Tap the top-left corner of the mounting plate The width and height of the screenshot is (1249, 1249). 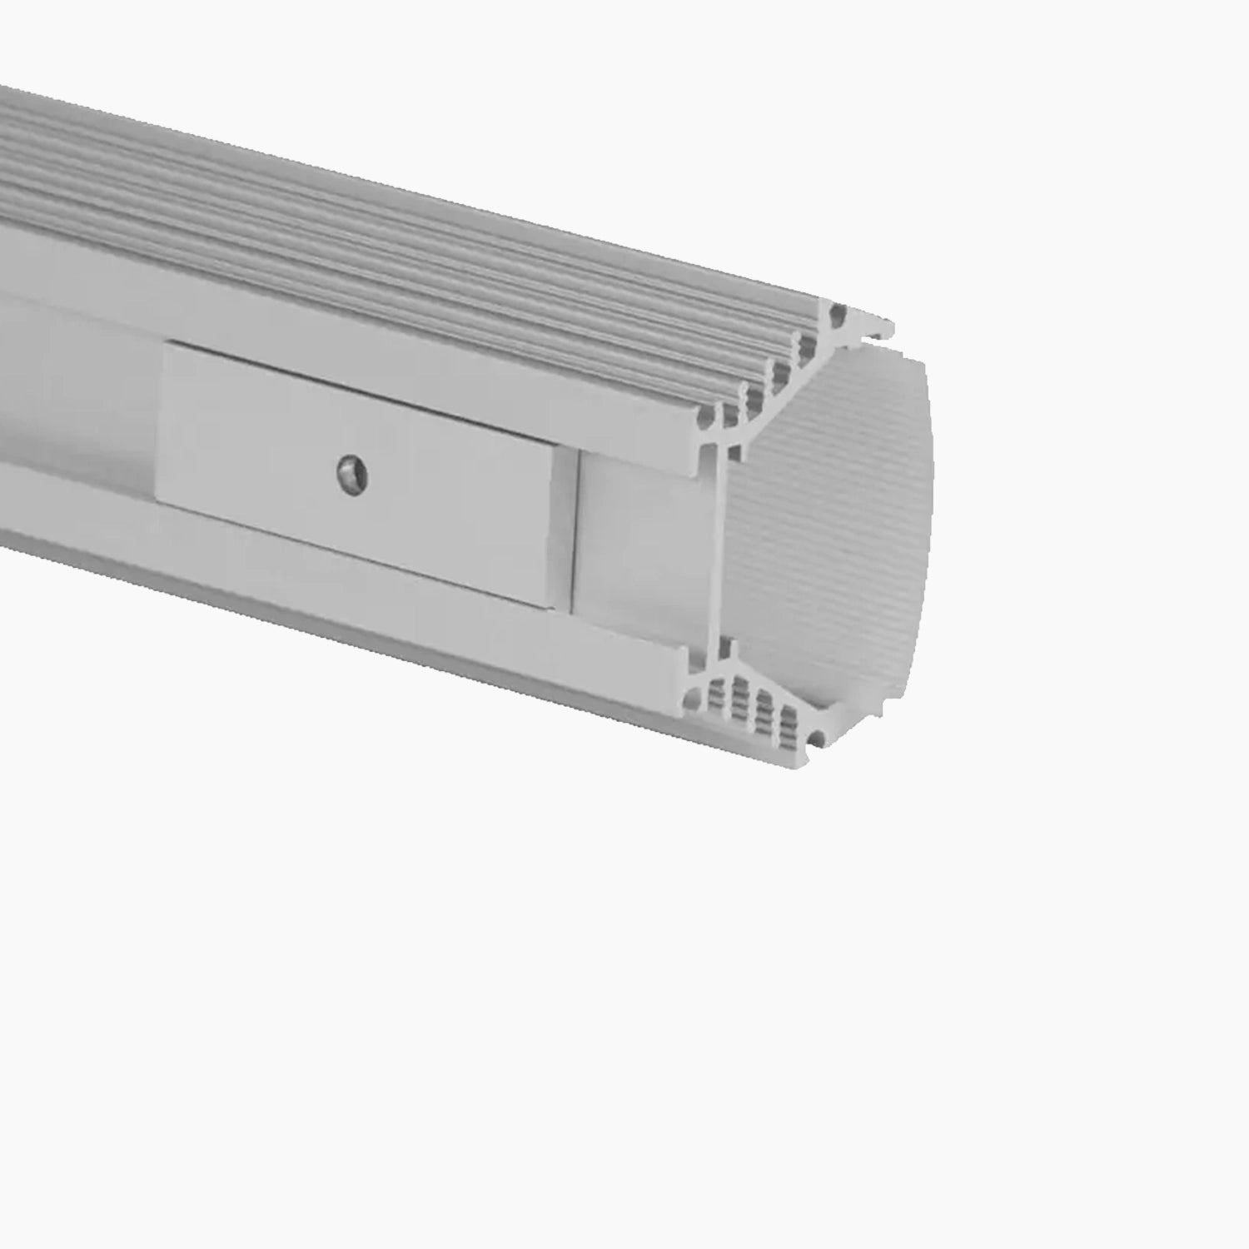[166, 345]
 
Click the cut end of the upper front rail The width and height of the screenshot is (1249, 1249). [698, 445]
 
